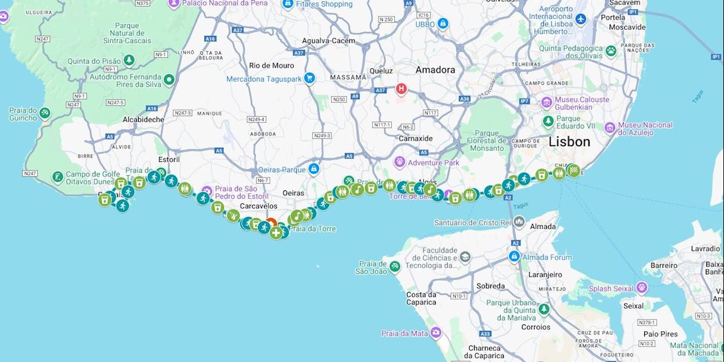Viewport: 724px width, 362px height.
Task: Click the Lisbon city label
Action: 569,142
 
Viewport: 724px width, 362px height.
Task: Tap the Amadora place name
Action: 435,70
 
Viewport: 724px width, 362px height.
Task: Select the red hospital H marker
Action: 401,89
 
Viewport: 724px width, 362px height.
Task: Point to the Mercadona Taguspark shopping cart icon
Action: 310,78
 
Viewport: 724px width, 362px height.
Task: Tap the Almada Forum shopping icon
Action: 514,257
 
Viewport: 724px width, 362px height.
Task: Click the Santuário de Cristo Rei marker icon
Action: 518,222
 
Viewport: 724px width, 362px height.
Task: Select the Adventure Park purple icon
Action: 399,162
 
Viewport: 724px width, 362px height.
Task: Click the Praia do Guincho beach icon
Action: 45,113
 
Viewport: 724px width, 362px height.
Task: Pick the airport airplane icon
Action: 580,19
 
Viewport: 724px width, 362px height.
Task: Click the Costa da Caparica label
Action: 421,298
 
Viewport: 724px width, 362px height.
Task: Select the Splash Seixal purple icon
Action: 641,288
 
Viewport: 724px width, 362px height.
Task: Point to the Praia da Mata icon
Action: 436,333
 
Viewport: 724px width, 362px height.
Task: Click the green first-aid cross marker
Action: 276,232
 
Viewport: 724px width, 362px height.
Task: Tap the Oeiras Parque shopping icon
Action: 313,169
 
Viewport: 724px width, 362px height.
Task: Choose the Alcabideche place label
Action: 144,119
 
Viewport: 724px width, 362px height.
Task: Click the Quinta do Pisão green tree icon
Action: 129,60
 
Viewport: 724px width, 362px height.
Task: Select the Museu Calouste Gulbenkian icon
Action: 546,102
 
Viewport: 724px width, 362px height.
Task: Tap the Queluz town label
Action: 381,70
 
